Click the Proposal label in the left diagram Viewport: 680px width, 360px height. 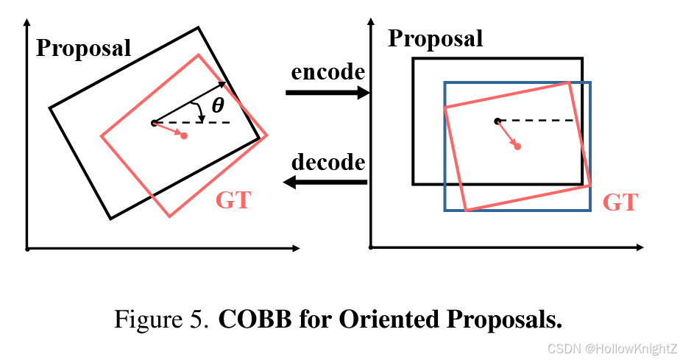(x=84, y=49)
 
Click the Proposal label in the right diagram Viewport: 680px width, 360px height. (x=436, y=38)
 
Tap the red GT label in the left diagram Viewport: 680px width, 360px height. (x=233, y=200)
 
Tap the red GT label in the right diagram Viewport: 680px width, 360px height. (x=620, y=202)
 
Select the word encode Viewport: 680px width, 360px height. (x=328, y=72)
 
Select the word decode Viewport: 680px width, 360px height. (x=328, y=161)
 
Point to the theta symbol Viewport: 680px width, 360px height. (x=218, y=106)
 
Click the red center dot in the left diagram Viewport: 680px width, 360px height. (x=183, y=136)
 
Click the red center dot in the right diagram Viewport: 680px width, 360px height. (x=517, y=147)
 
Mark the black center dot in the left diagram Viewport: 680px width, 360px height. (x=154, y=123)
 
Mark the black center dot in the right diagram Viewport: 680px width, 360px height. (x=497, y=120)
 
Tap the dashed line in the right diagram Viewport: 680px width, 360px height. (x=537, y=120)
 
